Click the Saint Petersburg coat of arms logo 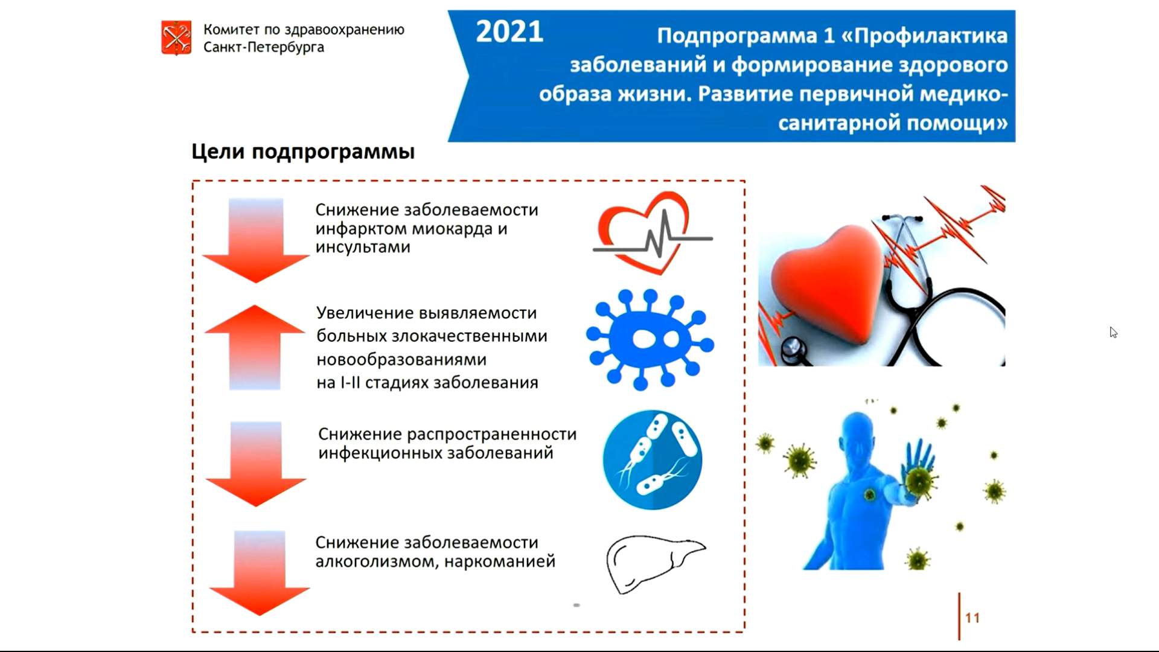[176, 37]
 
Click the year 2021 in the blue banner [509, 32]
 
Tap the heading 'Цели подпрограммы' [303, 152]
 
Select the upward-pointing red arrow [255, 347]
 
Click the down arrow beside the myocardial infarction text [255, 240]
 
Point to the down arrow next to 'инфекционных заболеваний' [256, 464]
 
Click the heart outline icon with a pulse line [653, 233]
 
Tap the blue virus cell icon [650, 339]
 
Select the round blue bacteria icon [653, 459]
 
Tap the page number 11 [972, 618]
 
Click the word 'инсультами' [363, 247]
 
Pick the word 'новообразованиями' [401, 360]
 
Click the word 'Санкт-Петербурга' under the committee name [264, 47]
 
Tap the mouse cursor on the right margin [1113, 333]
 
